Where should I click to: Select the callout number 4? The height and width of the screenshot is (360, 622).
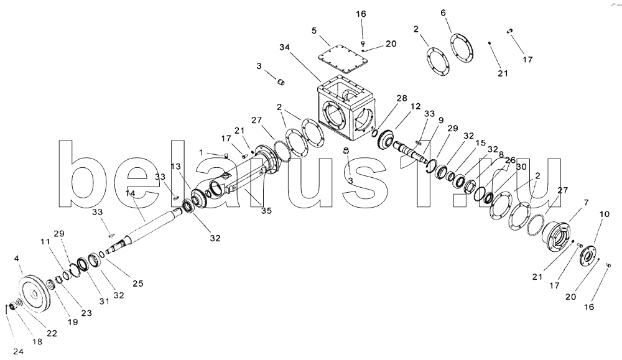[x=17, y=257]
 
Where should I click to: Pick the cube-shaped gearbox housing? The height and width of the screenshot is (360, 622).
[x=346, y=109]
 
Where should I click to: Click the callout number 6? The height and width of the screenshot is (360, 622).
[x=443, y=12]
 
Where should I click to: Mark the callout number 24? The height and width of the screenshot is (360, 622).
[x=19, y=352]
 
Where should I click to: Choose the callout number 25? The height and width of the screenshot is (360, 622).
[x=138, y=283]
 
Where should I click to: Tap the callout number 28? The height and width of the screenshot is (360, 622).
[x=401, y=98]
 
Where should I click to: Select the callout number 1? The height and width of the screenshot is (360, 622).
[x=201, y=152]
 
